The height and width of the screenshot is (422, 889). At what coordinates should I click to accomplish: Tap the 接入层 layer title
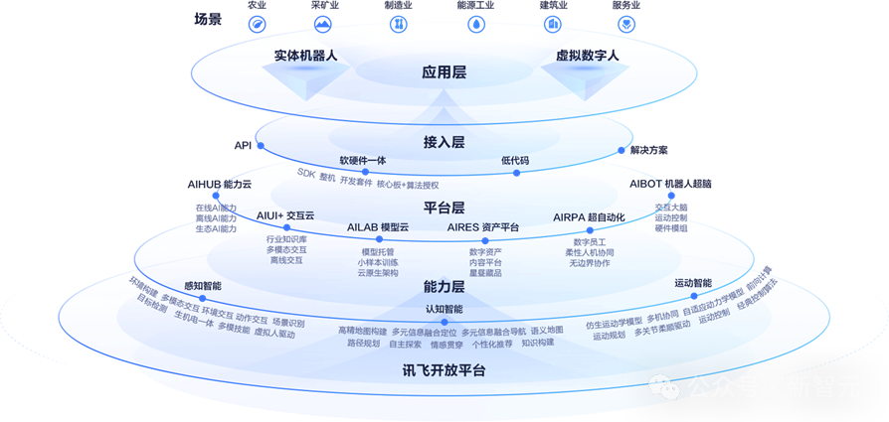444,142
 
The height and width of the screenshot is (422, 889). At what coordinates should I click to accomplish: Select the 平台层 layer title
444,208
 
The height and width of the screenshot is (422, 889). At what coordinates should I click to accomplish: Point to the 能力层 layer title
444,287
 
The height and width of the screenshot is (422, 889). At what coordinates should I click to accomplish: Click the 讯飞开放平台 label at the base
444,370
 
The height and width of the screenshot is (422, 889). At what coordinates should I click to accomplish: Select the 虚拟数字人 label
587,56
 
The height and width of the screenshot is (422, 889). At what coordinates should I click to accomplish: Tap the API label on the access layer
243,146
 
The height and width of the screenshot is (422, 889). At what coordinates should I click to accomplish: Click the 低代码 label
515,160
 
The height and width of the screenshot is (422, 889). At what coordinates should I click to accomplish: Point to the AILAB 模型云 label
378,227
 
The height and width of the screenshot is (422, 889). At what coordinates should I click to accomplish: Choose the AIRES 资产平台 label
483,227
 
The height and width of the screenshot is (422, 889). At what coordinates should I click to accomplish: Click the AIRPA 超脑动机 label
589,216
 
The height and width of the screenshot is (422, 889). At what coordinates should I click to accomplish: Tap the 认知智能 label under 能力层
444,309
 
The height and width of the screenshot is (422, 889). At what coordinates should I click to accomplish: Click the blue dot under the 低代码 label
517,173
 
